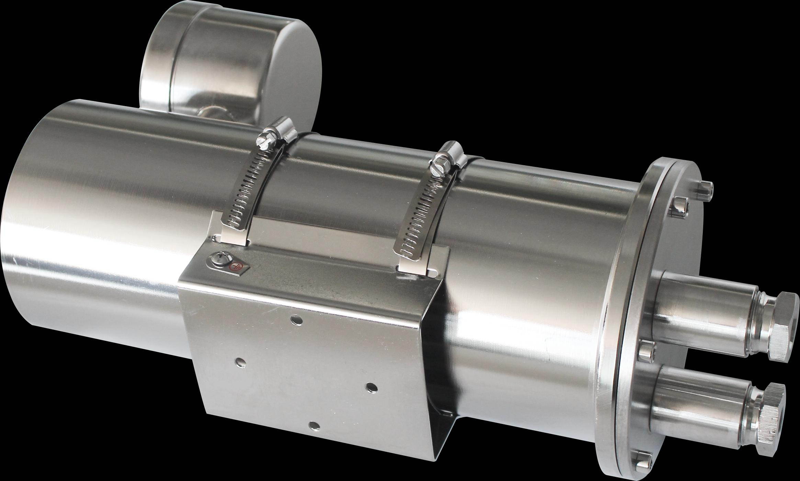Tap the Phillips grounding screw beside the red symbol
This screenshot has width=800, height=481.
tap(218, 265)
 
